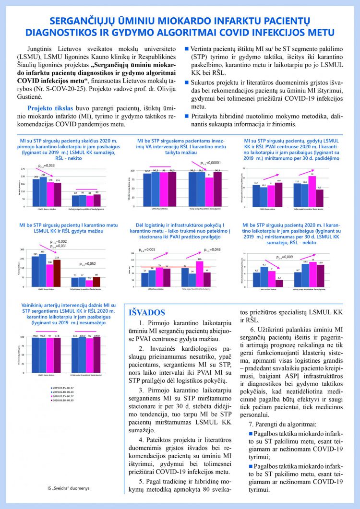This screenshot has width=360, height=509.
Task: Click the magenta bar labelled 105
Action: [x=200, y=273]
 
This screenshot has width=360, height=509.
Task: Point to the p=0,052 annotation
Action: [x=88, y=264]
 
